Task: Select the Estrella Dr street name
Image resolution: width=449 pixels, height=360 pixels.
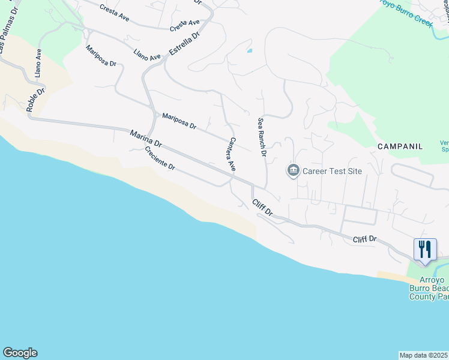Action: click(x=184, y=44)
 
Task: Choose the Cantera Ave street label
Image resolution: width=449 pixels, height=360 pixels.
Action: click(x=231, y=155)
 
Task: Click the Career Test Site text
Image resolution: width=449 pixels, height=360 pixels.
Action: click(x=332, y=171)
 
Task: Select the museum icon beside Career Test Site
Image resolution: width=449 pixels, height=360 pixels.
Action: click(x=293, y=171)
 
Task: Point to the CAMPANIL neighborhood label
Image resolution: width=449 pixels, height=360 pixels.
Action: click(x=400, y=146)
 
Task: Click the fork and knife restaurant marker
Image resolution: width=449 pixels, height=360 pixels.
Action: click(x=425, y=249)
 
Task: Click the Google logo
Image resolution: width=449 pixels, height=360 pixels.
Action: click(x=20, y=353)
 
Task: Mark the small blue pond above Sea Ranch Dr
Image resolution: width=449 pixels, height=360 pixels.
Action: click(x=249, y=51)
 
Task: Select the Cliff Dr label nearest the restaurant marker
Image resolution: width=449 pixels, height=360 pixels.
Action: click(x=364, y=239)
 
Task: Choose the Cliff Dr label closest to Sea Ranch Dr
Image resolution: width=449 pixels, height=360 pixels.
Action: click(x=262, y=208)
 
